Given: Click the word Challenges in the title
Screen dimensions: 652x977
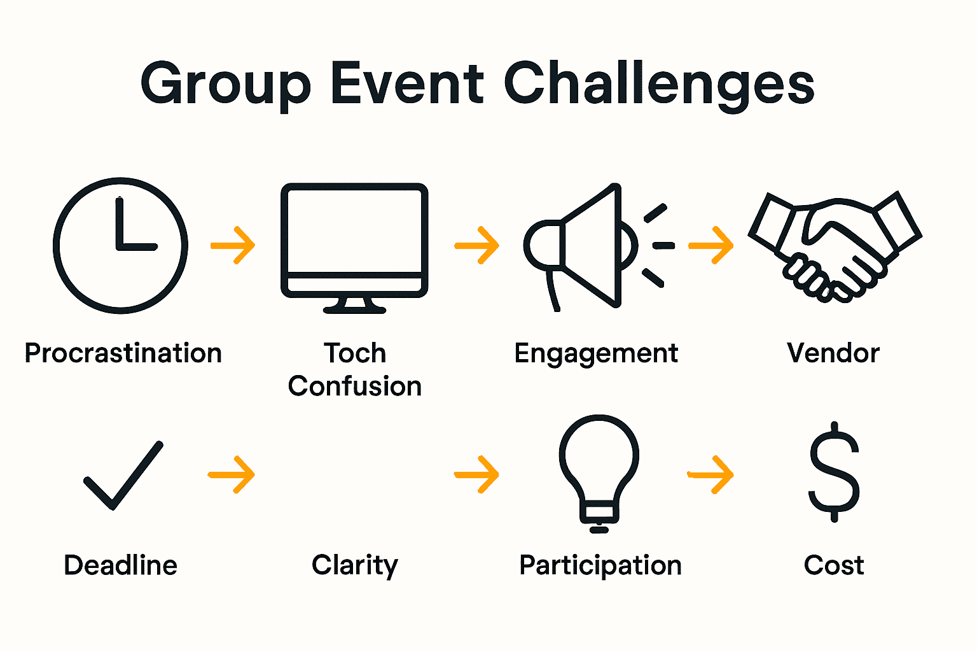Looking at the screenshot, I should tap(659, 85).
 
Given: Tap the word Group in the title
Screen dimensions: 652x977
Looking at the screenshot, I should tap(225, 85).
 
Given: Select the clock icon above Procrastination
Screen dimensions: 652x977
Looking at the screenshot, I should tap(120, 245).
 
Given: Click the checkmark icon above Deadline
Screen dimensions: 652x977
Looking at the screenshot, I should tap(123, 474).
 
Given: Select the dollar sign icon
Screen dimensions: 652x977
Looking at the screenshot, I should tap(834, 472).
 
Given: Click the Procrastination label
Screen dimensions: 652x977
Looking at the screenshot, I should tap(123, 353).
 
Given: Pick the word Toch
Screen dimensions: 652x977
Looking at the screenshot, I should tap(355, 353).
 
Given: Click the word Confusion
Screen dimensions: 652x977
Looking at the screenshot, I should tap(355, 386).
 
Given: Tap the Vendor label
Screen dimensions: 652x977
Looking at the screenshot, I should tap(833, 353).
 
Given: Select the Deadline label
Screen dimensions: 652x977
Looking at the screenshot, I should tap(120, 565).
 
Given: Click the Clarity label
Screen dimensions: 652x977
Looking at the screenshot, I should tap(355, 565).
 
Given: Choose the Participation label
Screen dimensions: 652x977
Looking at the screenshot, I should tap(600, 565).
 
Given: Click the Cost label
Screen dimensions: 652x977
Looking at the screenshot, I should tap(834, 565).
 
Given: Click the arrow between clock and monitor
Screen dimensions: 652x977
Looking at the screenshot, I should tap(233, 245).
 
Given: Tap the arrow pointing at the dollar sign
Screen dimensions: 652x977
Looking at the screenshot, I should tap(711, 474).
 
